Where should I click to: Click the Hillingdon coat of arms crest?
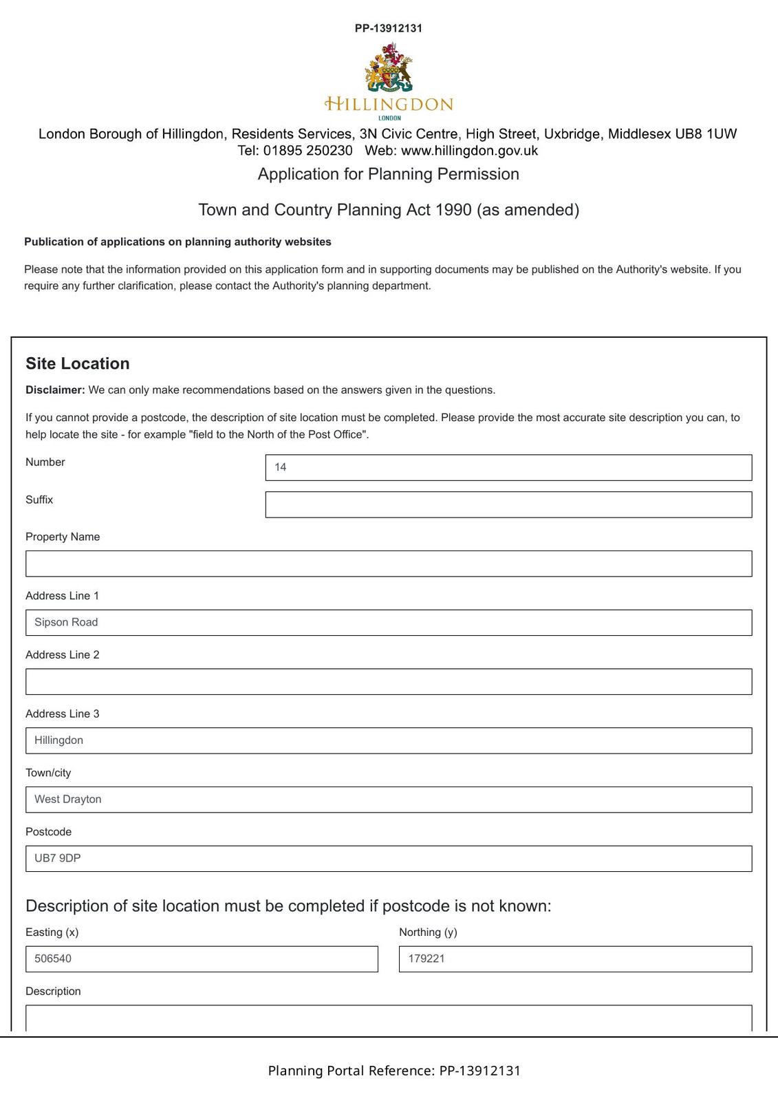tap(389, 67)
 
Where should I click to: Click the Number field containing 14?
tap(508, 467)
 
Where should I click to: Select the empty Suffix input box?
tap(508, 504)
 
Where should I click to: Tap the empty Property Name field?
tap(389, 564)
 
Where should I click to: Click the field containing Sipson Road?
tap(389, 623)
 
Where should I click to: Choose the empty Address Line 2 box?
tap(389, 682)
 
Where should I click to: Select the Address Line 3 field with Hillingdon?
tap(389, 740)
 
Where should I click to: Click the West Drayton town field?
tap(389, 800)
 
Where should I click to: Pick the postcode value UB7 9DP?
tap(58, 858)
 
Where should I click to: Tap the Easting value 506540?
tap(53, 959)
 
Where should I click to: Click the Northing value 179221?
tap(426, 959)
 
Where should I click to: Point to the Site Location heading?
tap(78, 363)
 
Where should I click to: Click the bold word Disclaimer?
tap(55, 390)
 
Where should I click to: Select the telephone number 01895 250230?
tap(307, 151)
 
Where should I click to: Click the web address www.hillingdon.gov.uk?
tap(469, 151)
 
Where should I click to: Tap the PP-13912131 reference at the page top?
tap(389, 28)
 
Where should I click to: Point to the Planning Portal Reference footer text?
tap(394, 1071)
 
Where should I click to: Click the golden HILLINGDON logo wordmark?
tap(389, 105)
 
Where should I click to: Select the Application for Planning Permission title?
tap(389, 174)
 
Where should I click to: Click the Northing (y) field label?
tap(428, 932)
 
